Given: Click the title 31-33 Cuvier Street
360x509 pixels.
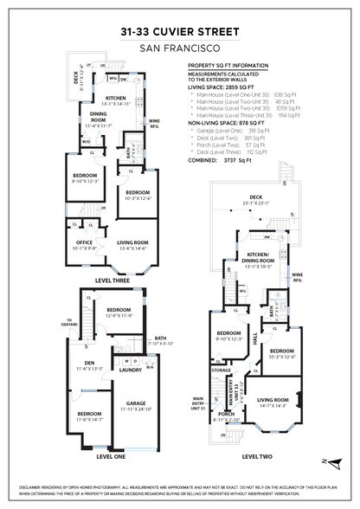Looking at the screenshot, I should coord(180,32).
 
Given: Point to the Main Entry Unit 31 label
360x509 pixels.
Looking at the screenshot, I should coord(199,403).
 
